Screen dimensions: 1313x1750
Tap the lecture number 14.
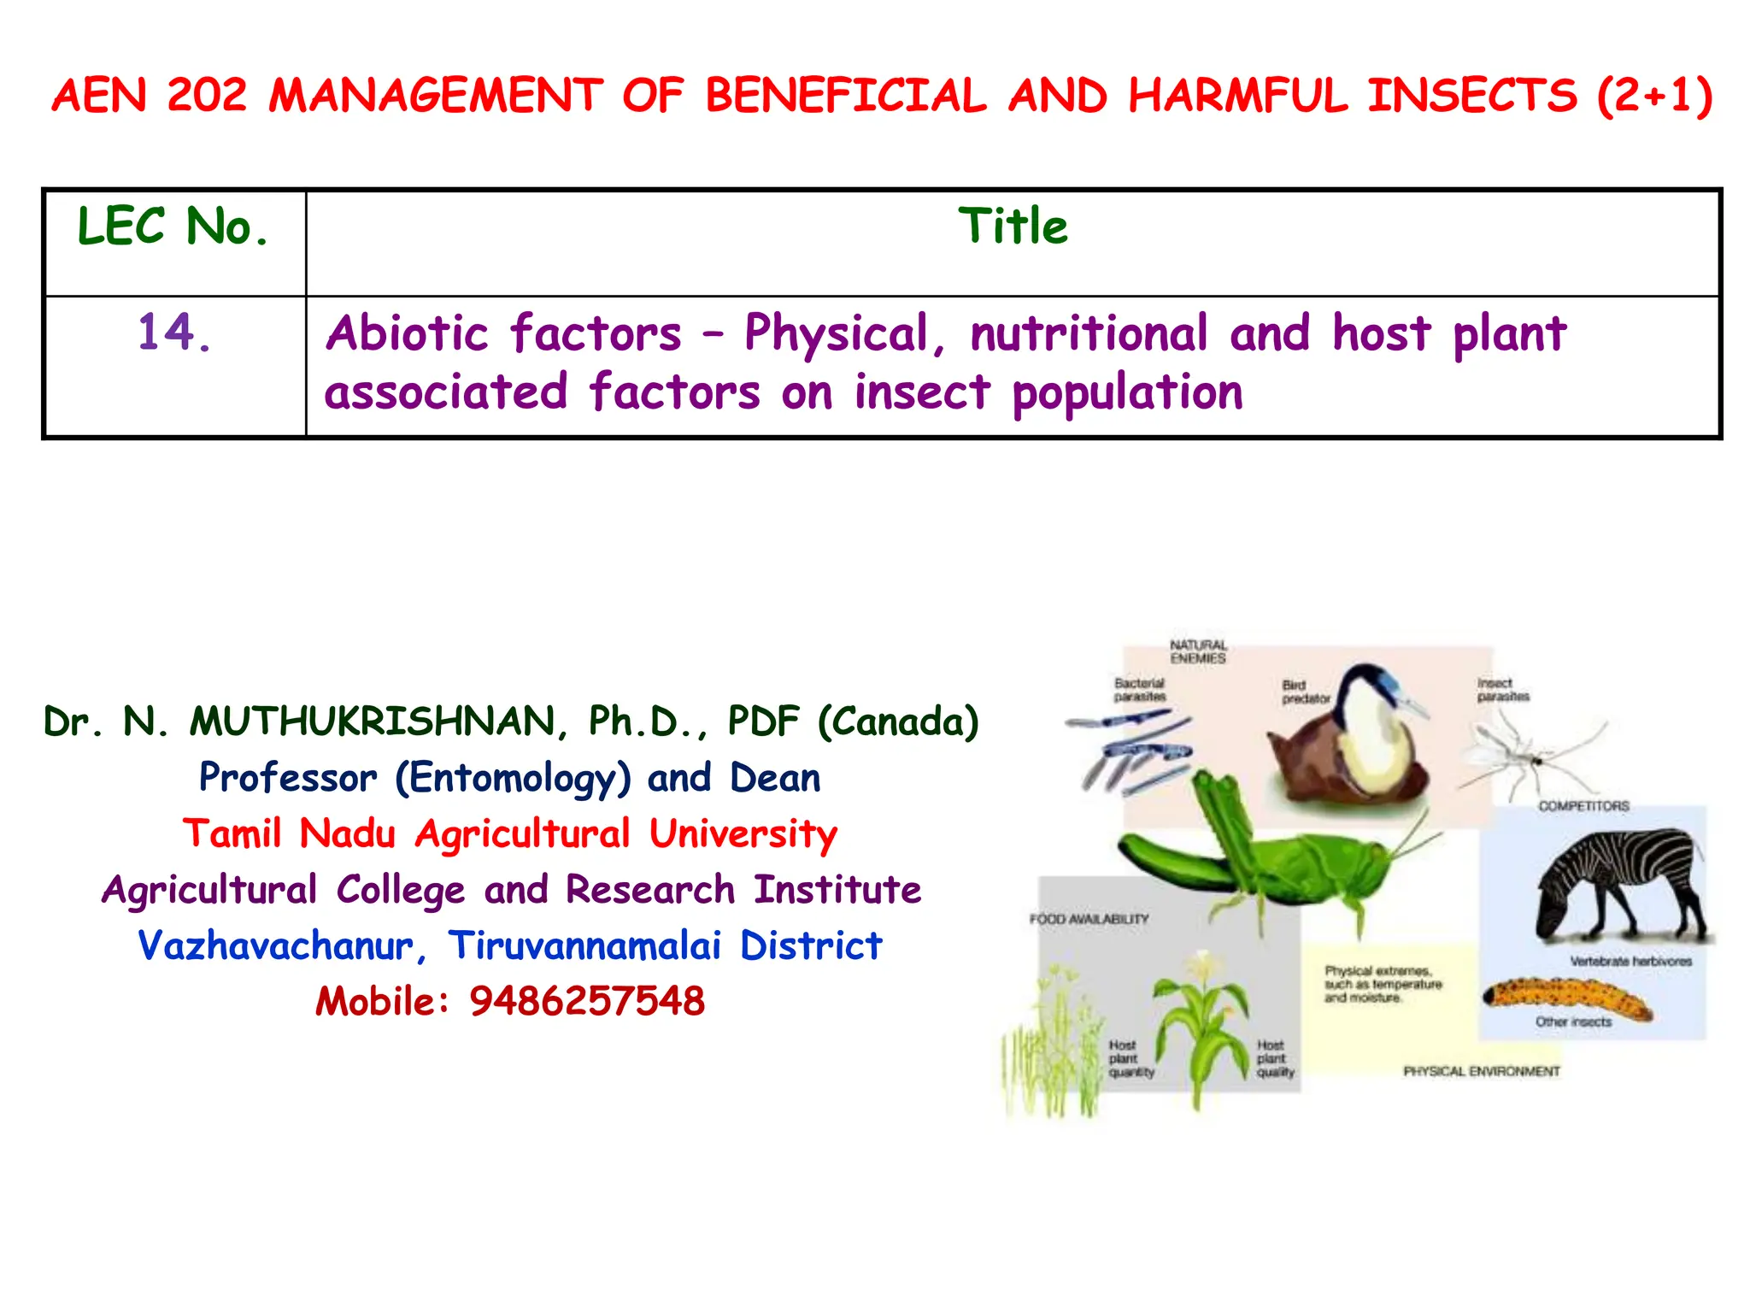point(173,333)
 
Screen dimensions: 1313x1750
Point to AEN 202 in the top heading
point(150,95)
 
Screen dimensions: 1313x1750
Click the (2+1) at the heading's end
point(1654,95)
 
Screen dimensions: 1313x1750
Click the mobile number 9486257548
point(587,1001)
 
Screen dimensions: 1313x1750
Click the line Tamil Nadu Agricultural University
point(510,833)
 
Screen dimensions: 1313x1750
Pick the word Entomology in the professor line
point(513,778)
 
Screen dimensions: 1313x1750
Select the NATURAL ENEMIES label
point(1198,651)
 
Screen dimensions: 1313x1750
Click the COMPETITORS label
point(1583,806)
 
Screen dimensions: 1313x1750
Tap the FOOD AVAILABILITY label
point(1089,919)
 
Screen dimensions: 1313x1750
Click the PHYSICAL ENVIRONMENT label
point(1481,1071)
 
